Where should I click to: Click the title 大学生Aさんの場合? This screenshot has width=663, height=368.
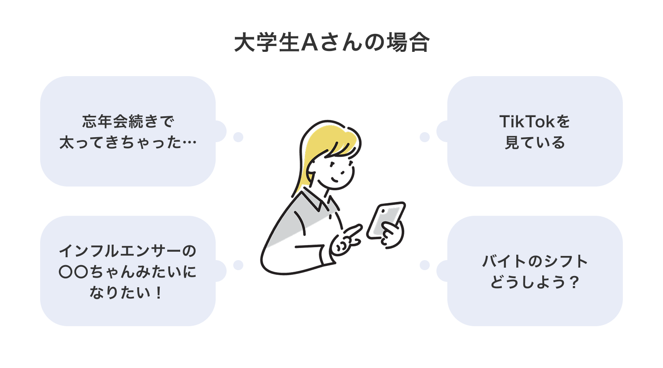(x=331, y=43)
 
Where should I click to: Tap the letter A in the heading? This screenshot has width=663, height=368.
(x=310, y=43)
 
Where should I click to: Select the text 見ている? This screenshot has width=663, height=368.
(x=535, y=143)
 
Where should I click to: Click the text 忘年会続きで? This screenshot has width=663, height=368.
(x=128, y=122)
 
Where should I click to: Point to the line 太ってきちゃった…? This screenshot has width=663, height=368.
(x=128, y=143)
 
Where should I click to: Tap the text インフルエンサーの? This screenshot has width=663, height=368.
(x=128, y=251)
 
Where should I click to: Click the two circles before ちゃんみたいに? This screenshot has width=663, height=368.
(x=74, y=272)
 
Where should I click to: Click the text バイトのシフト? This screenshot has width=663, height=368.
(x=535, y=261)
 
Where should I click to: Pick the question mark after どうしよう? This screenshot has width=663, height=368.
(x=574, y=282)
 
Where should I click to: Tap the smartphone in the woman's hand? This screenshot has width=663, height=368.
(x=385, y=220)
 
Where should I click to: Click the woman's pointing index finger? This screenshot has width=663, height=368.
(x=353, y=231)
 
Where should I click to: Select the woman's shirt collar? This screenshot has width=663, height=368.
(x=316, y=200)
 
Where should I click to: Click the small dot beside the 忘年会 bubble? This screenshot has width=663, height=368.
(x=238, y=137)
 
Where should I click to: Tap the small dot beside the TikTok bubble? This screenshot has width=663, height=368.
(x=425, y=137)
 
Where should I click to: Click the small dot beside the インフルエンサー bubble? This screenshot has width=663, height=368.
(x=238, y=265)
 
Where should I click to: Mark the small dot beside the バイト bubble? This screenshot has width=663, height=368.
(x=425, y=265)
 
